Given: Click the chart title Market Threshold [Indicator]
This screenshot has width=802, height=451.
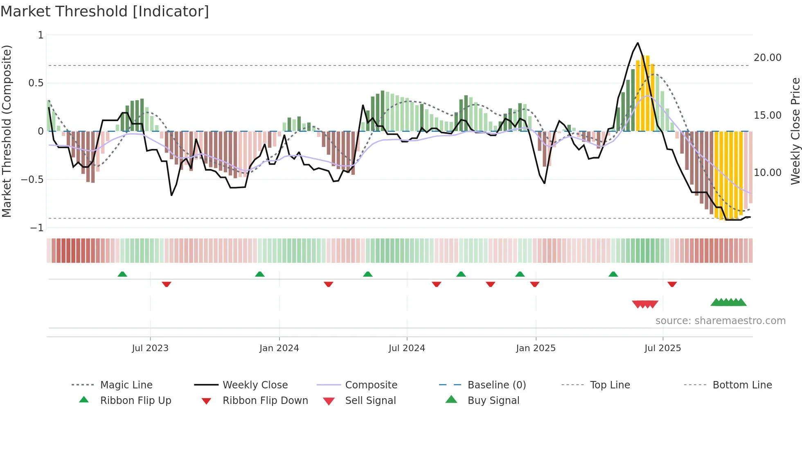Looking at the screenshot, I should pyautogui.click(x=105, y=11).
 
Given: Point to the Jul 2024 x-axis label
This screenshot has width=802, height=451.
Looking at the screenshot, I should pyautogui.click(x=407, y=348).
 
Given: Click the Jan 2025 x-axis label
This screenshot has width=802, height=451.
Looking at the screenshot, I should pyautogui.click(x=536, y=348).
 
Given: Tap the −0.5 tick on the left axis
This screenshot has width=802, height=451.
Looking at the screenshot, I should pyautogui.click(x=32, y=180).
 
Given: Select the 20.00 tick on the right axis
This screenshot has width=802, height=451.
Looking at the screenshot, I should pyautogui.click(x=767, y=58).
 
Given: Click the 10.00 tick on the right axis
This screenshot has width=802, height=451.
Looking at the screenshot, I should pyautogui.click(x=767, y=173).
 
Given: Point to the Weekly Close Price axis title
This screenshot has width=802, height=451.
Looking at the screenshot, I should pyautogui.click(x=795, y=131).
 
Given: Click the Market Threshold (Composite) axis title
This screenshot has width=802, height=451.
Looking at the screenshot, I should pyautogui.click(x=7, y=131).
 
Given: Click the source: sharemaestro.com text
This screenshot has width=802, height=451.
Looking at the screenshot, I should pyautogui.click(x=720, y=321).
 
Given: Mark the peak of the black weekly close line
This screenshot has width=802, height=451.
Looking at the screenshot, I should pyautogui.click(x=638, y=43).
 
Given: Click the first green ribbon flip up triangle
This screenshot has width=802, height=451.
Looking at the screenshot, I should pyautogui.click(x=122, y=274).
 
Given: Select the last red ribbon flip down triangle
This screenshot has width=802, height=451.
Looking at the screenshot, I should pyautogui.click(x=672, y=284).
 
